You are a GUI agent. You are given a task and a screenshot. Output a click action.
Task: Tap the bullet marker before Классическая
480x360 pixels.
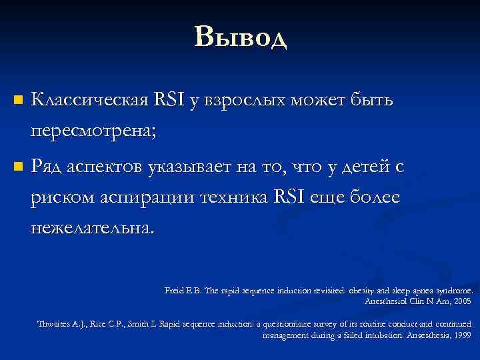pos(18,101)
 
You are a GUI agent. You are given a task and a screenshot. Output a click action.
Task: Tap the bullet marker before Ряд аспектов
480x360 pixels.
pos(18,166)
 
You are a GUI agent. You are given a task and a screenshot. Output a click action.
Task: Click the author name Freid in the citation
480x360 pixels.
pos(175,291)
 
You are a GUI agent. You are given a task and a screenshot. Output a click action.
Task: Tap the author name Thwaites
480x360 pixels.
pos(54,324)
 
